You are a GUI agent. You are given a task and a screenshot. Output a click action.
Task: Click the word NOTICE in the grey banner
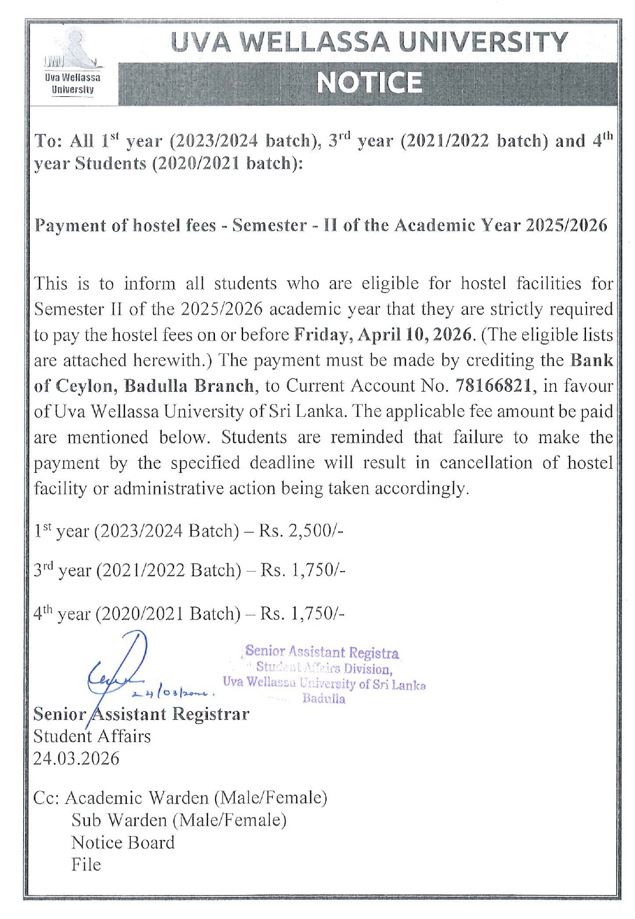[x=369, y=82]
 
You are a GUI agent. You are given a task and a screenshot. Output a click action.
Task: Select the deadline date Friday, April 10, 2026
[x=382, y=335]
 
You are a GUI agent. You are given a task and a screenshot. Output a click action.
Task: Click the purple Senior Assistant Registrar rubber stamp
[x=324, y=674]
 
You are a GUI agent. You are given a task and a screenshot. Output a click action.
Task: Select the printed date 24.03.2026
[x=76, y=758]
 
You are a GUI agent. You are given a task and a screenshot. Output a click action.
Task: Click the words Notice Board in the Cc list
[x=123, y=843]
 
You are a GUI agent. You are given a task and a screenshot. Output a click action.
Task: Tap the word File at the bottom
[x=86, y=865]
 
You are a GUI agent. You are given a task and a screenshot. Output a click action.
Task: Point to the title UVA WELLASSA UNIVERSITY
[x=369, y=42]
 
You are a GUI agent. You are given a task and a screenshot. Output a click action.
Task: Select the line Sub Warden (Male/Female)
[x=179, y=820]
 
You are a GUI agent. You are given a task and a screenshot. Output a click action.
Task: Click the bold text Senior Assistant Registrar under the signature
[x=141, y=714]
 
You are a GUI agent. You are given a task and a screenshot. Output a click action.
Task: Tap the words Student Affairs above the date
[x=92, y=736]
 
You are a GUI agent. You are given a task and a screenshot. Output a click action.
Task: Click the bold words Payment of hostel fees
[x=125, y=225]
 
